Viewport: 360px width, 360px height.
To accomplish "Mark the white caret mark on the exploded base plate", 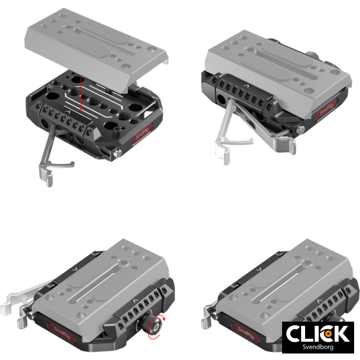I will [x=70, y=112].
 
